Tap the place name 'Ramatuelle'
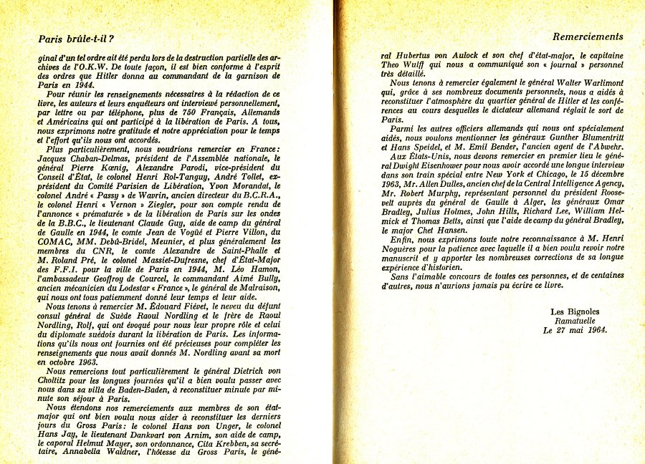[577, 321]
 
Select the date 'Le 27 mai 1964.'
[575, 331]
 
